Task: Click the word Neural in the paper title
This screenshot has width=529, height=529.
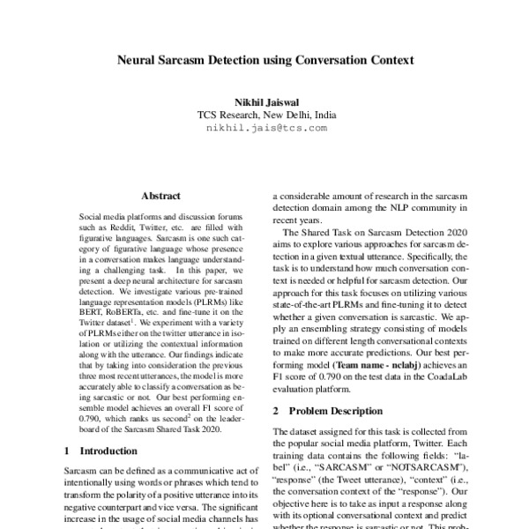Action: point(140,63)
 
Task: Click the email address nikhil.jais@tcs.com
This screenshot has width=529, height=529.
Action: point(265,128)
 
